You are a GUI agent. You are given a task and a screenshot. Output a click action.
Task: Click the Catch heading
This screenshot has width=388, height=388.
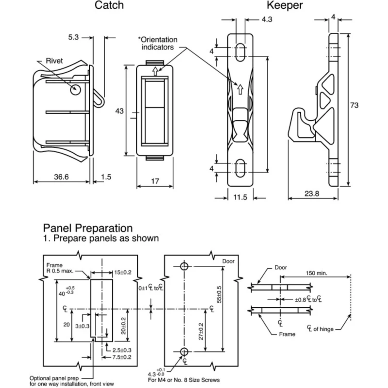(109, 5)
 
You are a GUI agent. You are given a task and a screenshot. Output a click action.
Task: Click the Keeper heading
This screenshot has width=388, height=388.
(285, 5)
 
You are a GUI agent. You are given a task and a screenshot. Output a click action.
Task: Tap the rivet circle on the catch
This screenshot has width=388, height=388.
(76, 90)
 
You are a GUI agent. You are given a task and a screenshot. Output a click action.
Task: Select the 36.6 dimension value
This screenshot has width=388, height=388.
(62, 177)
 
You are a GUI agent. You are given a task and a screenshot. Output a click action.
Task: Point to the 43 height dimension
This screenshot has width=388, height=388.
(119, 111)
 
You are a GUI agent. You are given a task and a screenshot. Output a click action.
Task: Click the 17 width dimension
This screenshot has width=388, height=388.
(155, 181)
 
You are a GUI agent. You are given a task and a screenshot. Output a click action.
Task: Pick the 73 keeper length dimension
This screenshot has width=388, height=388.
(354, 105)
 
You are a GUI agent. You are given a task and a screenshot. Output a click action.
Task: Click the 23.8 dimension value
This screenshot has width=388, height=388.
(312, 194)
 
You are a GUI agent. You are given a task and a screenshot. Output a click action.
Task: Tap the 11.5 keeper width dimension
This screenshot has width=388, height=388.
(240, 197)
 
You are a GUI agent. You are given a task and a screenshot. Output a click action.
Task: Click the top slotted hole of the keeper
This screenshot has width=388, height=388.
(240, 52)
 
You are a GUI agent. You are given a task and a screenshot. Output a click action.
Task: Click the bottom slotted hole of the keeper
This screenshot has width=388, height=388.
(240, 168)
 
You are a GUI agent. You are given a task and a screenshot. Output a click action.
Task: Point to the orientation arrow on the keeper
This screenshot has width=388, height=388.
(240, 89)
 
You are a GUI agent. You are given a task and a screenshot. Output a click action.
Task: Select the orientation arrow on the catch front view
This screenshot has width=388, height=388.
(155, 71)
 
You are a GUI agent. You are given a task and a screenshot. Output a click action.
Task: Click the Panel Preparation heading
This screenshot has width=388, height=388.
(88, 228)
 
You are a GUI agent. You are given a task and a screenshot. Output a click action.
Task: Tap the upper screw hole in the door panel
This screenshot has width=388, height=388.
(184, 266)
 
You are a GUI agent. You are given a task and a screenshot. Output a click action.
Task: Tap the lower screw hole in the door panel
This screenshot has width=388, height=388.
(184, 351)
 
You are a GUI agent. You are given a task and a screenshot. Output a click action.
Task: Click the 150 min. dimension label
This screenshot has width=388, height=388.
(317, 273)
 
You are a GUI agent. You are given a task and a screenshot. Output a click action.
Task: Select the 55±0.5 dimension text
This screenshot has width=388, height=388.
(219, 294)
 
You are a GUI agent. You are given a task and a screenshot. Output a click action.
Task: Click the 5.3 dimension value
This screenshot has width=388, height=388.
(74, 37)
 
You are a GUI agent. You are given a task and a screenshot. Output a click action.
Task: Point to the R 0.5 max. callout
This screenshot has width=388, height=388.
(60, 271)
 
